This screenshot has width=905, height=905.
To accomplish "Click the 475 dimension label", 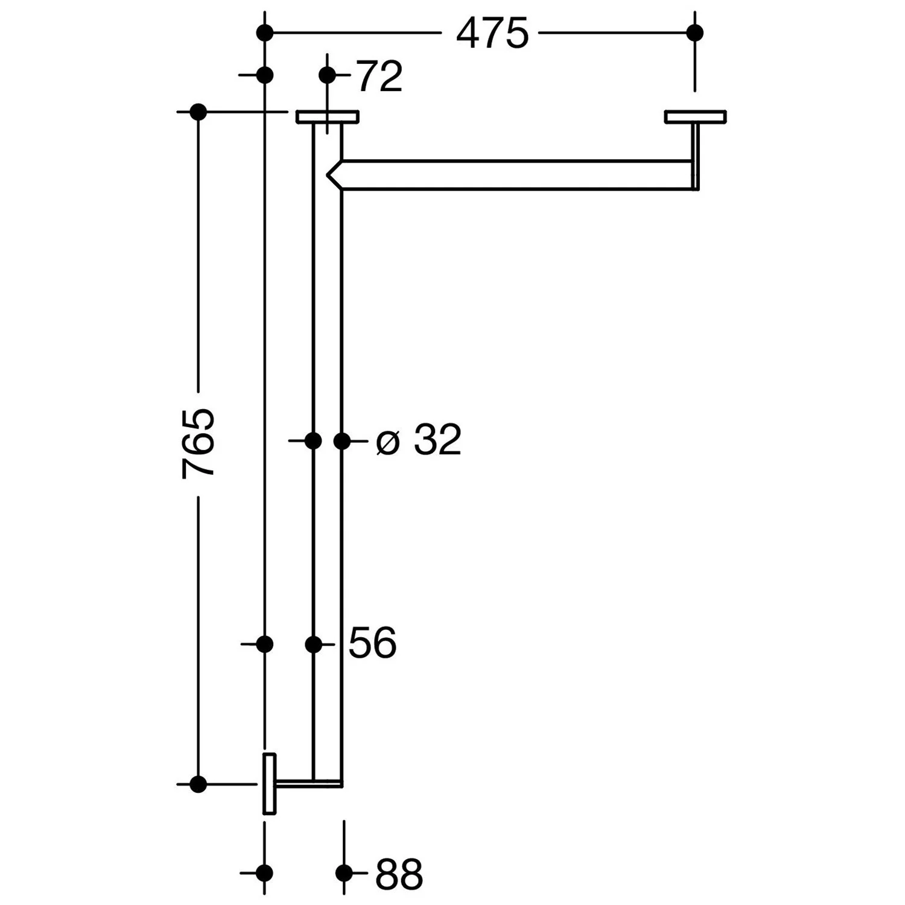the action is [492, 33].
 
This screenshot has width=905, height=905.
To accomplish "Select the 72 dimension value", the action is [380, 76].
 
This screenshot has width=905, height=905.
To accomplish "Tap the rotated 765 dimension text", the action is [198, 443].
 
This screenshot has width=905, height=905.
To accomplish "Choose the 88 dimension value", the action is [399, 873].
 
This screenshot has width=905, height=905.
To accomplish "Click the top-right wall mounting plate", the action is [695, 116].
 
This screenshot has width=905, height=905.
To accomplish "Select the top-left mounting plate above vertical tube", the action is [328, 116].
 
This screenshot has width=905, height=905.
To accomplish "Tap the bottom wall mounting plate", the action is [269, 784].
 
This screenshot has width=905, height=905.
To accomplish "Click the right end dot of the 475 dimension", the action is [695, 33].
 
